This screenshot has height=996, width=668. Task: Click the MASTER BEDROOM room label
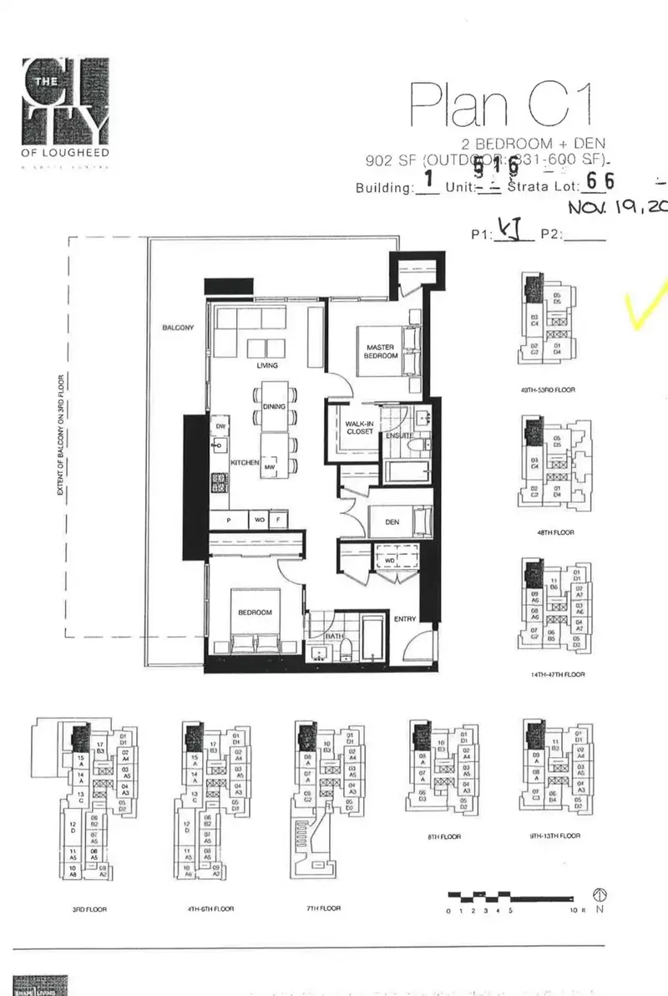pos(380,351)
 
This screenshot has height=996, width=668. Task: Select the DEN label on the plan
pos(392,522)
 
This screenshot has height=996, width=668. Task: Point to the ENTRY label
pos(405,620)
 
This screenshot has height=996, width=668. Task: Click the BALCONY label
pos(178,328)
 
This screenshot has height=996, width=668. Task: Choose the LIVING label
pos(267,365)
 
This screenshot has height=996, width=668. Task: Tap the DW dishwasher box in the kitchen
pos(221,427)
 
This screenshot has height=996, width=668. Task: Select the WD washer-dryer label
pos(389,561)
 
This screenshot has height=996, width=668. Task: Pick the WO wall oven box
pos(260,521)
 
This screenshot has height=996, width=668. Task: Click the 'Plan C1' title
pos(504,104)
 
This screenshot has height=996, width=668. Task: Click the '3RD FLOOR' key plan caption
pos(89,909)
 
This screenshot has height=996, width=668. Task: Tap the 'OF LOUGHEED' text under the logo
pos(66,153)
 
